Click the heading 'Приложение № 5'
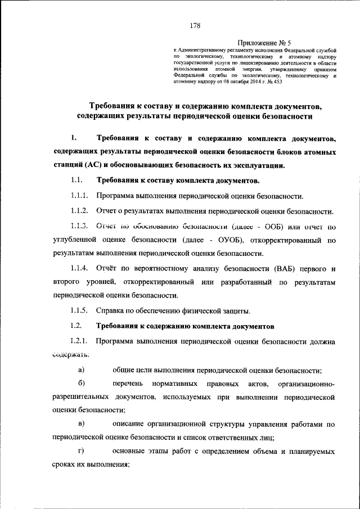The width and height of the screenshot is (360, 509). (264, 42)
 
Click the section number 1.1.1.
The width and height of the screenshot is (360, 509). (80, 196)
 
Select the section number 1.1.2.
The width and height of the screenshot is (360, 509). (80, 211)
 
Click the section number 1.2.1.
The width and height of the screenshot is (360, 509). (80, 341)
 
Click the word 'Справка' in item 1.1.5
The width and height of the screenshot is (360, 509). (110, 310)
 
